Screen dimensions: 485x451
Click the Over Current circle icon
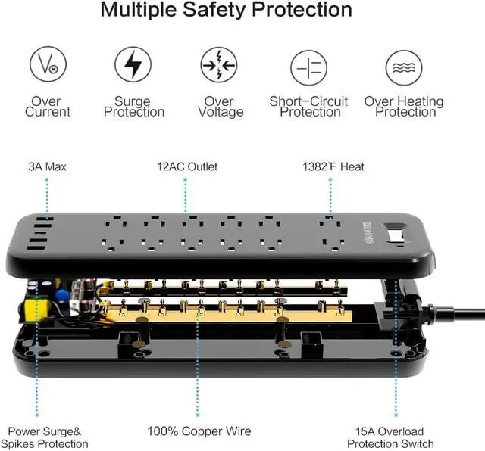tap(48, 66)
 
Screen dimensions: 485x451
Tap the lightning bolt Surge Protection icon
tap(133, 66)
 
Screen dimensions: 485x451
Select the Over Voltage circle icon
tap(219, 66)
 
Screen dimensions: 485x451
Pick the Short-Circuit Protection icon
tap(309, 66)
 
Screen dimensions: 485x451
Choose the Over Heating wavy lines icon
tap(403, 66)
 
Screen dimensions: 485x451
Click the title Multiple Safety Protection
tap(227, 11)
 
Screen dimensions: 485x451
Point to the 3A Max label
tap(47, 166)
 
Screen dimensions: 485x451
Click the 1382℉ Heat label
tap(330, 166)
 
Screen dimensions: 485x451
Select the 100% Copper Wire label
tap(199, 431)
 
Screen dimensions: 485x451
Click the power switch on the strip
tap(394, 235)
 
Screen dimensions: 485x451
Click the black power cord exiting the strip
tap(455, 311)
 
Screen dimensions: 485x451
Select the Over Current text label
tap(48, 107)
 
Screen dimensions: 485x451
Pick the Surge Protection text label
tap(133, 107)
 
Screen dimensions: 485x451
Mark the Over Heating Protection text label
tap(404, 107)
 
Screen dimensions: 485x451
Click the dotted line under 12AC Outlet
tap(185, 195)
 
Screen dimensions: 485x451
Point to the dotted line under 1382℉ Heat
tap(330, 195)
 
